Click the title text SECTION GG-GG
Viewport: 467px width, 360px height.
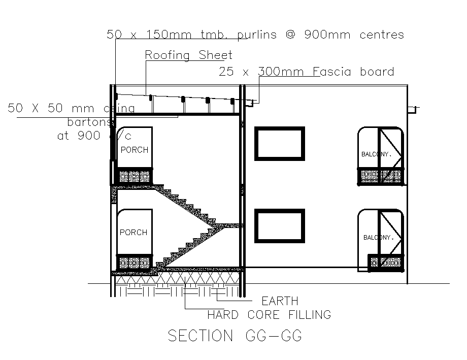pyautogui.click(x=235, y=336)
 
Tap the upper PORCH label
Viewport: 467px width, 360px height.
pyautogui.click(x=134, y=150)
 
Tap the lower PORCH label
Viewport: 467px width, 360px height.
pyautogui.click(x=134, y=233)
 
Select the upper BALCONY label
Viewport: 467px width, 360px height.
pyautogui.click(x=376, y=154)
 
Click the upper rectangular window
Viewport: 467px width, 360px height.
pyautogui.click(x=280, y=144)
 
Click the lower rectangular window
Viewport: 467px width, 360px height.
pyautogui.click(x=280, y=225)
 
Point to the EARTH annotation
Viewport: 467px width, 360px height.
pyautogui.click(x=280, y=301)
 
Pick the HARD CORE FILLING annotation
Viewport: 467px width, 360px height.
pyautogui.click(x=269, y=315)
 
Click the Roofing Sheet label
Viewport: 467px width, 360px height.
pyautogui.click(x=188, y=55)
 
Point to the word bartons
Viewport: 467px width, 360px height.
pyautogui.click(x=89, y=122)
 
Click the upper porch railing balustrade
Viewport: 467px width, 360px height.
pyautogui.click(x=135, y=177)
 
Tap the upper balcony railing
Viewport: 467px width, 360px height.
pyautogui.click(x=381, y=176)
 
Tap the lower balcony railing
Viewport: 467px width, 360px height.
pyautogui.click(x=386, y=263)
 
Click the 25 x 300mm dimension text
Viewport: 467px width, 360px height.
pyautogui.click(x=261, y=72)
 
